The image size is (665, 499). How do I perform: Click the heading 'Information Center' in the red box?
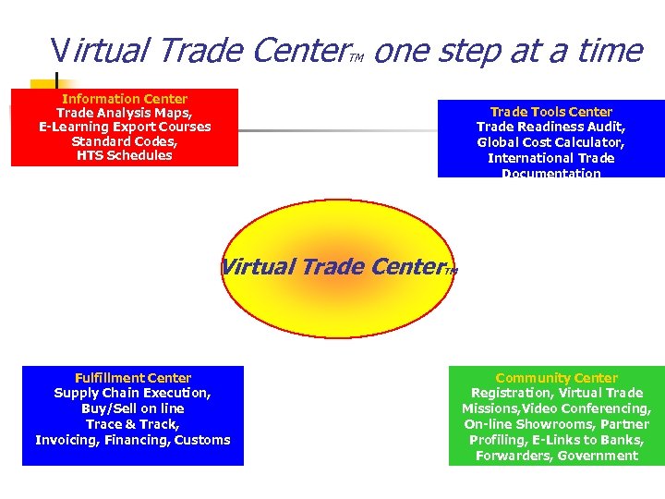[x=125, y=99]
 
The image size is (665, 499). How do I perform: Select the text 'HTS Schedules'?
[x=125, y=155]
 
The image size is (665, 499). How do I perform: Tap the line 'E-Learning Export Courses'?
[x=125, y=127]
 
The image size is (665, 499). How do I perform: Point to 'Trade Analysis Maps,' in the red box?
[x=125, y=113]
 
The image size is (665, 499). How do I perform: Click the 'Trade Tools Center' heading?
[x=550, y=112]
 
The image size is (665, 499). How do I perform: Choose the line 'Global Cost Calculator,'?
[x=550, y=142]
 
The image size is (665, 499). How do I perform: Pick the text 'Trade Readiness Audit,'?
[x=550, y=127]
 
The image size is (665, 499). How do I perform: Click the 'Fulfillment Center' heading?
[x=133, y=378]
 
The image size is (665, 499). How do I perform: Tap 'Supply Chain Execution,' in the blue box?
[x=133, y=393]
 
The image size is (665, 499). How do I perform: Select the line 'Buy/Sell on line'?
[x=133, y=408]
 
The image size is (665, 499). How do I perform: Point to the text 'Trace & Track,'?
[x=133, y=424]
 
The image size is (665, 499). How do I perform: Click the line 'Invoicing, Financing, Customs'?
[x=133, y=440]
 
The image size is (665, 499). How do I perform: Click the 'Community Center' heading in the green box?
[x=556, y=378]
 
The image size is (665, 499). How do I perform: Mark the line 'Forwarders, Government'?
[x=556, y=456]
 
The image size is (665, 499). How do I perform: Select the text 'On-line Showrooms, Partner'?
[x=556, y=424]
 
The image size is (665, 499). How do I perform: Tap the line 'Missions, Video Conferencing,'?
[x=556, y=408]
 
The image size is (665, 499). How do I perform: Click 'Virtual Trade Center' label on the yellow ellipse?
[x=332, y=267]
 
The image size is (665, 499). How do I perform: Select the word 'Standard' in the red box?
[x=98, y=141]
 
